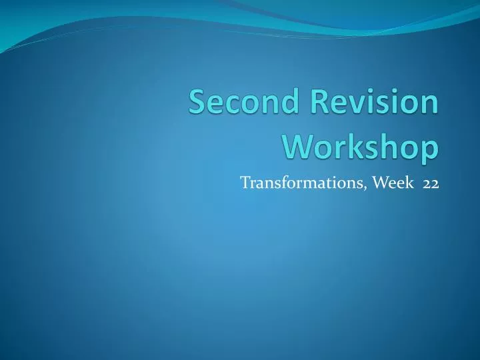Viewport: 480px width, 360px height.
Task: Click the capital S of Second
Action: coord(197,105)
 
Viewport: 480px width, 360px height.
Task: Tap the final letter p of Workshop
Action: coord(431,149)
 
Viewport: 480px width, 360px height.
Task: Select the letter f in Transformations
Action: coord(283,183)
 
